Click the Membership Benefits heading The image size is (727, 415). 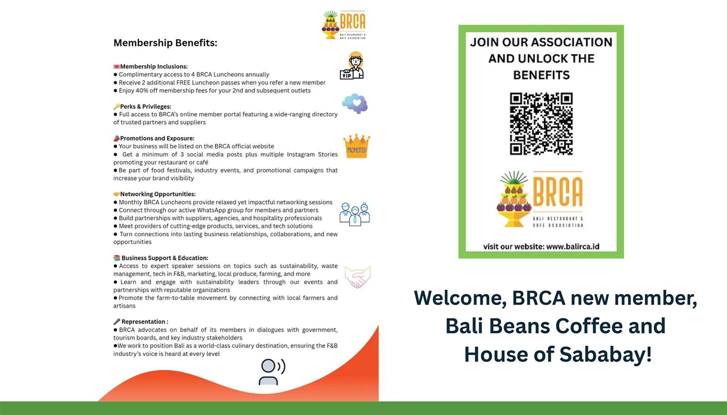[165, 43]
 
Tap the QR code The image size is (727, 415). [541, 124]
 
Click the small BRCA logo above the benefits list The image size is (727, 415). [344, 25]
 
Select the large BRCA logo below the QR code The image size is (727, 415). [540, 199]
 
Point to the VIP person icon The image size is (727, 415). [353, 66]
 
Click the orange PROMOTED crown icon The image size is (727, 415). [357, 146]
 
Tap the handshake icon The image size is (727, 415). [358, 277]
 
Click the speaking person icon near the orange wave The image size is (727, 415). [272, 372]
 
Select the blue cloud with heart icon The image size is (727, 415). [355, 104]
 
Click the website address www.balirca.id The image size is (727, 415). [573, 247]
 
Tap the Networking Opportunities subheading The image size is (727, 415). [158, 194]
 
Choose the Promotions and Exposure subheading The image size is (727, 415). [157, 138]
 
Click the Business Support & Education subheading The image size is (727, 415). [164, 258]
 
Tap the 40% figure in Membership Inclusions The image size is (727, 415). [142, 90]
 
